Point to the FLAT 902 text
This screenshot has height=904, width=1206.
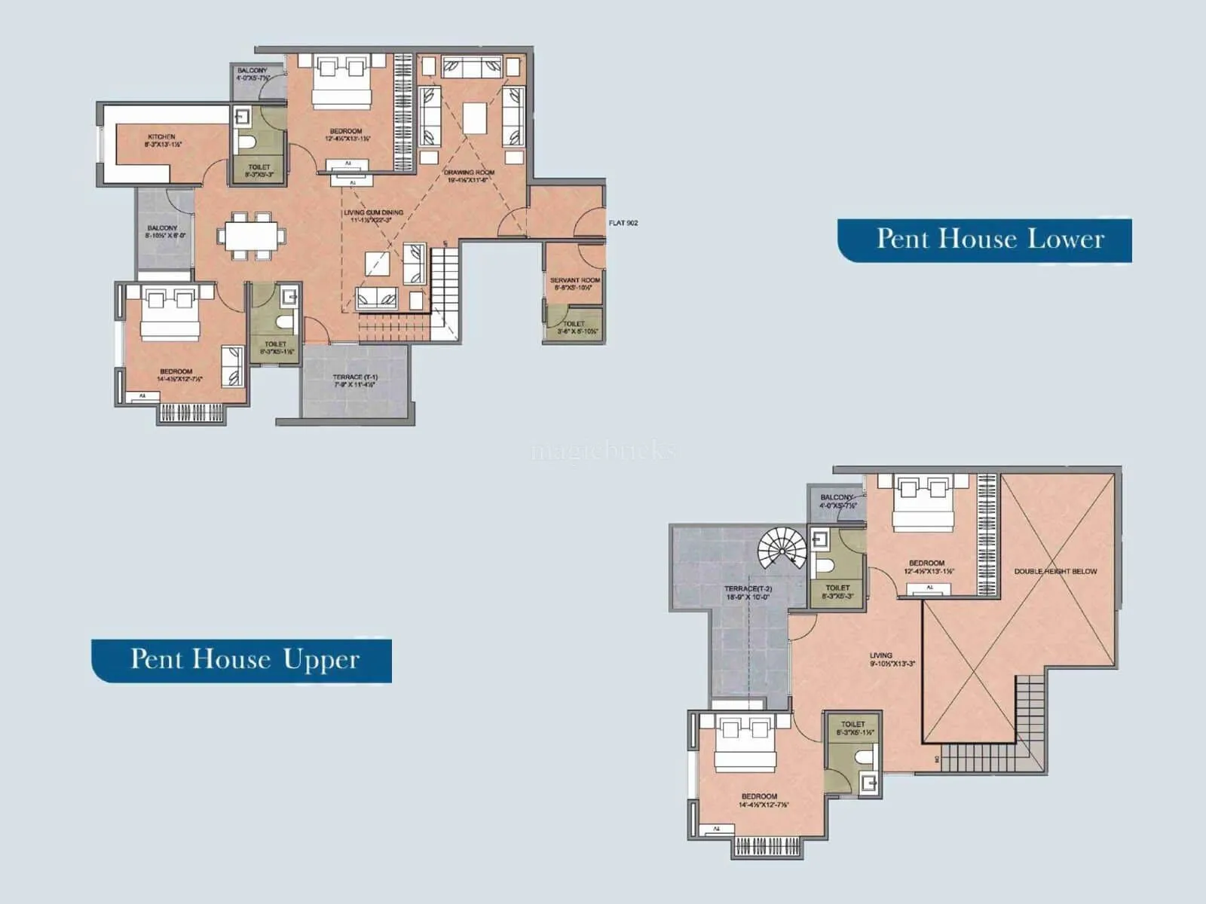click(x=623, y=223)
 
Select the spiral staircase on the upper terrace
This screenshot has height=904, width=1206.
click(x=782, y=548)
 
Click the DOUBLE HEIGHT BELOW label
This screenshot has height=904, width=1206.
click(x=1055, y=572)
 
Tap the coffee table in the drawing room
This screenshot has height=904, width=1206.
click(x=475, y=118)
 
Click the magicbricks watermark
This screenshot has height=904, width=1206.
click(x=603, y=451)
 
